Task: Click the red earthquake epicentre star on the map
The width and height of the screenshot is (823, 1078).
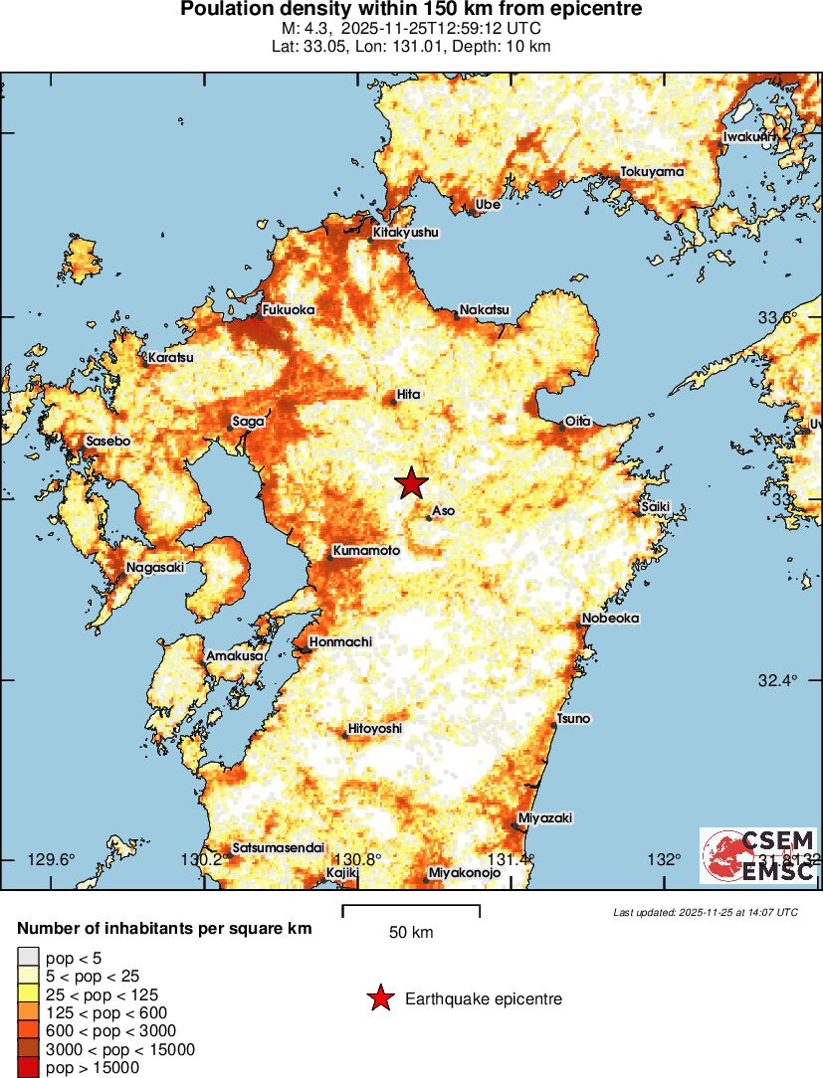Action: (411, 483)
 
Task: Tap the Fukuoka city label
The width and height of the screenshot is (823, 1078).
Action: (289, 310)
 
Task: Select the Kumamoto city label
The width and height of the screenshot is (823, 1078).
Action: (366, 551)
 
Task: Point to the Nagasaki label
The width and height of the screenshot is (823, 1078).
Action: (154, 568)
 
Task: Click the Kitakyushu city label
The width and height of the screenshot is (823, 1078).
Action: (405, 233)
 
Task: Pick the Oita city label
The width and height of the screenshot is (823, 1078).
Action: (578, 421)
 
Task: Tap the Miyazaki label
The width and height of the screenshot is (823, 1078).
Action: (546, 817)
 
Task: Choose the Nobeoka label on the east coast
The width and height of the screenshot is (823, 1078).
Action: (610, 618)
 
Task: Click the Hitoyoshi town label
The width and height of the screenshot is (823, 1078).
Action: (375, 729)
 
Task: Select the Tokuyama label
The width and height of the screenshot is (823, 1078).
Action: (653, 172)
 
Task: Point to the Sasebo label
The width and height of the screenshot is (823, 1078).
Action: (108, 441)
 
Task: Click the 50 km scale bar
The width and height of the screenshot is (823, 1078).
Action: (411, 911)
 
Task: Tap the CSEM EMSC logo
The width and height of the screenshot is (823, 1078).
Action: (759, 855)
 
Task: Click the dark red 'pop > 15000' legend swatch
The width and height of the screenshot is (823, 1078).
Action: (26, 1068)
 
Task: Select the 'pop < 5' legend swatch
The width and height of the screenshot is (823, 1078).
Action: (26, 959)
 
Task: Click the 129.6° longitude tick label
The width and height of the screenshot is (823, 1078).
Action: (51, 859)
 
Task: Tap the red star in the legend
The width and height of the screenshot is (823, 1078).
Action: (379, 998)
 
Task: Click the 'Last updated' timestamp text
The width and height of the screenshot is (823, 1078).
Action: (706, 912)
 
